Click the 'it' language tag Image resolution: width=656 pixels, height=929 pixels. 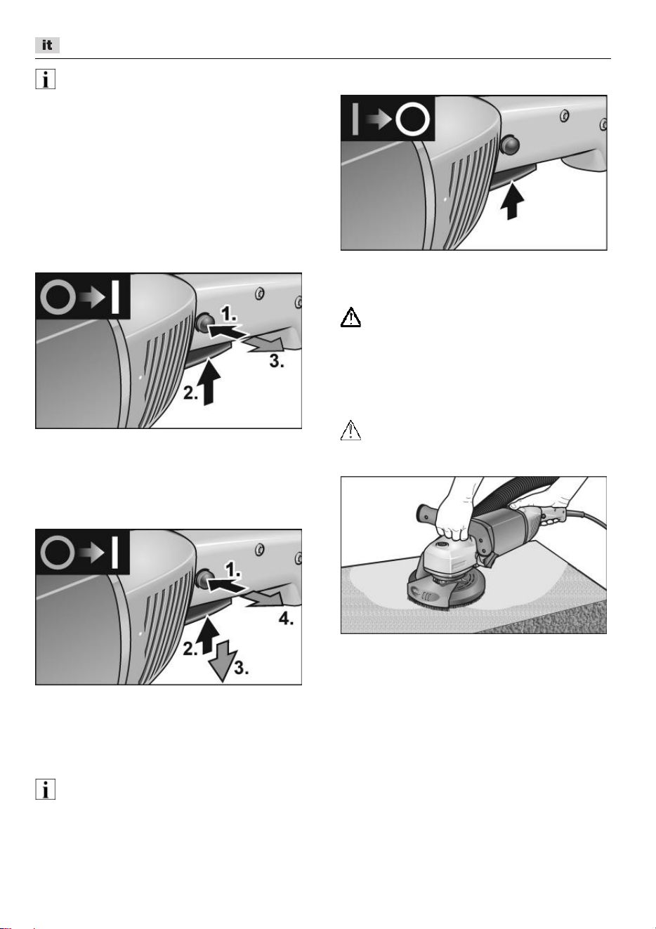[x=47, y=45]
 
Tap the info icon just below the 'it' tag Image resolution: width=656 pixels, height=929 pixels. [x=45, y=79]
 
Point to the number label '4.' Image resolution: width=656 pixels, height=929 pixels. [x=286, y=619]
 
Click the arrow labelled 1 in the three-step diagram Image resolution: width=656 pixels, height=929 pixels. [x=226, y=330]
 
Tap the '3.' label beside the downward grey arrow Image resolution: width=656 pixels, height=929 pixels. [x=242, y=668]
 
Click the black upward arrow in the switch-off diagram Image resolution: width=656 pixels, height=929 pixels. [x=513, y=201]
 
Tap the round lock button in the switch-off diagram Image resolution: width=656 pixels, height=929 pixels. [x=510, y=145]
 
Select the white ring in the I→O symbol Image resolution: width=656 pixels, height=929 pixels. [x=412, y=119]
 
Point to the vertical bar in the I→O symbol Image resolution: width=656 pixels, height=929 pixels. [x=355, y=119]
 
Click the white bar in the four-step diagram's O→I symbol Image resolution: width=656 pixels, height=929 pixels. [x=115, y=552]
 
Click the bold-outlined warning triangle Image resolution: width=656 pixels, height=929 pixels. [x=350, y=317]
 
